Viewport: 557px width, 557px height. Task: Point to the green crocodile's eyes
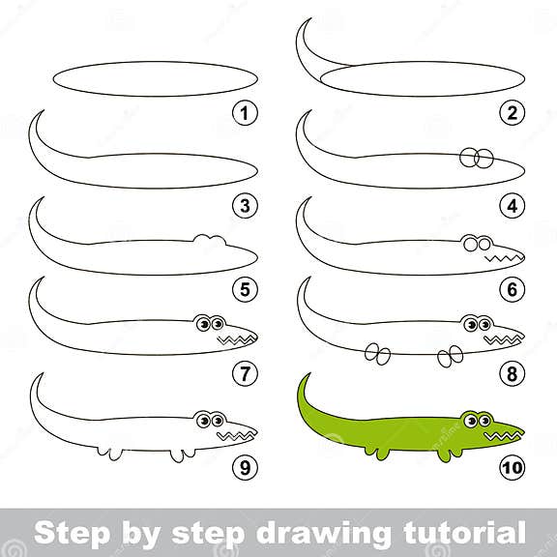pos(475,420)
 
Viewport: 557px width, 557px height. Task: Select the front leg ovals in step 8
pos(451,357)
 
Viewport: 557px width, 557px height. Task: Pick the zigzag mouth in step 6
pos(501,259)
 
